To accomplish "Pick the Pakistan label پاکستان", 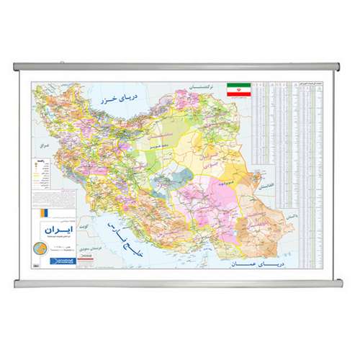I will coord(289,215).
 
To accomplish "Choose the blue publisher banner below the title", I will coord(53,265).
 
